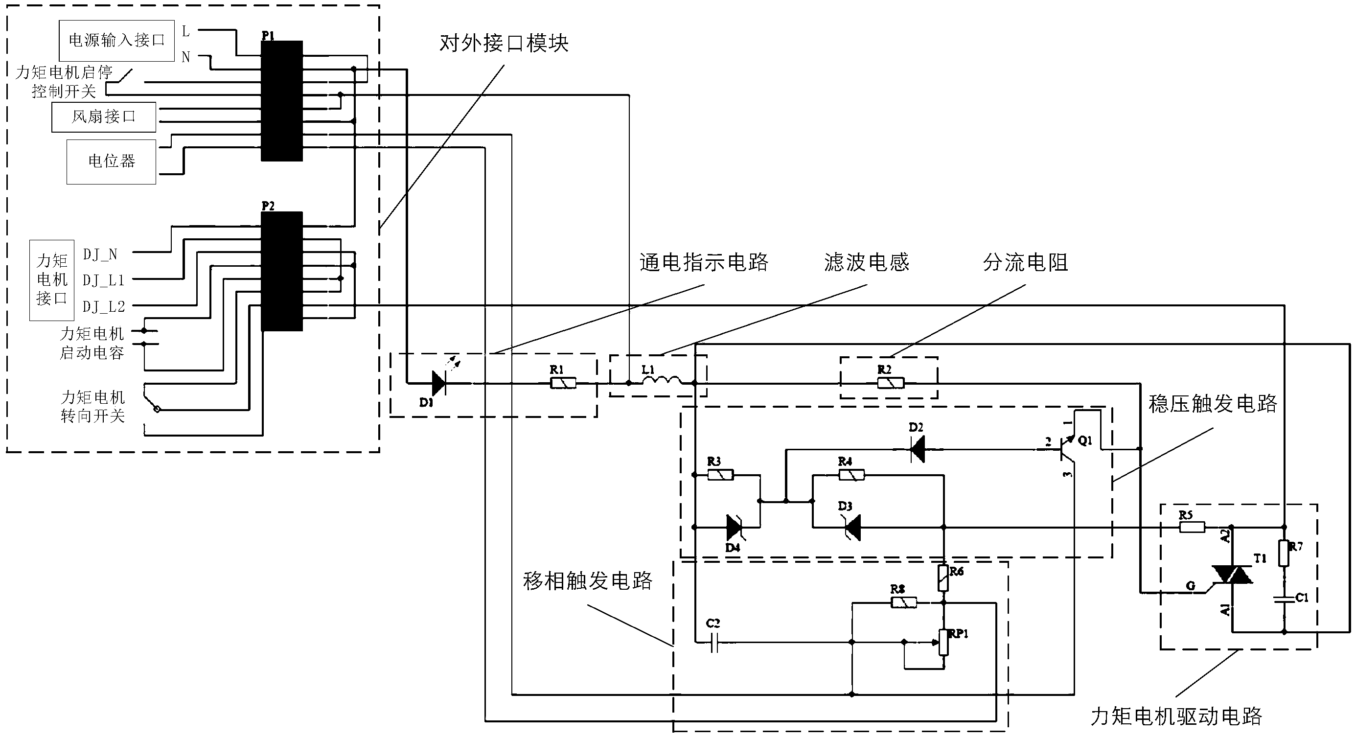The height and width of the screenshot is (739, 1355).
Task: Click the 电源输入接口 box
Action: point(116,41)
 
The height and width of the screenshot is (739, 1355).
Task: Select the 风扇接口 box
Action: point(104,117)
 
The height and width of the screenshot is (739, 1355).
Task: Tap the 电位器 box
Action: point(111,162)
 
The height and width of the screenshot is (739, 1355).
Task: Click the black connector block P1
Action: point(281,100)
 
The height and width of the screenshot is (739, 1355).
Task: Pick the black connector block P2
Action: point(281,271)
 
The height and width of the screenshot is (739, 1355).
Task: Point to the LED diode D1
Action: point(438,383)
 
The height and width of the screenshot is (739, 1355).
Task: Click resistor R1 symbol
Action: point(563,383)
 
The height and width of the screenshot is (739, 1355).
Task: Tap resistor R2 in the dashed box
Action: point(891,383)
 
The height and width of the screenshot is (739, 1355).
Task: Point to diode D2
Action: point(918,450)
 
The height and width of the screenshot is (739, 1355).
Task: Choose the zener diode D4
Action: point(735,528)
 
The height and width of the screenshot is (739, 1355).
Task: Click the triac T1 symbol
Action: point(1232,575)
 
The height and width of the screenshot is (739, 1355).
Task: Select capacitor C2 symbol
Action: point(714,642)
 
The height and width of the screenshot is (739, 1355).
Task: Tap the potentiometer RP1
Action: point(943,642)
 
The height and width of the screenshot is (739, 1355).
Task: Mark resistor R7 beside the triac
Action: point(1284,554)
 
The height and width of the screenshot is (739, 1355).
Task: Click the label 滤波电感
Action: point(866,262)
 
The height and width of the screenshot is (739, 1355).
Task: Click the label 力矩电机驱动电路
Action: point(1176,716)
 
